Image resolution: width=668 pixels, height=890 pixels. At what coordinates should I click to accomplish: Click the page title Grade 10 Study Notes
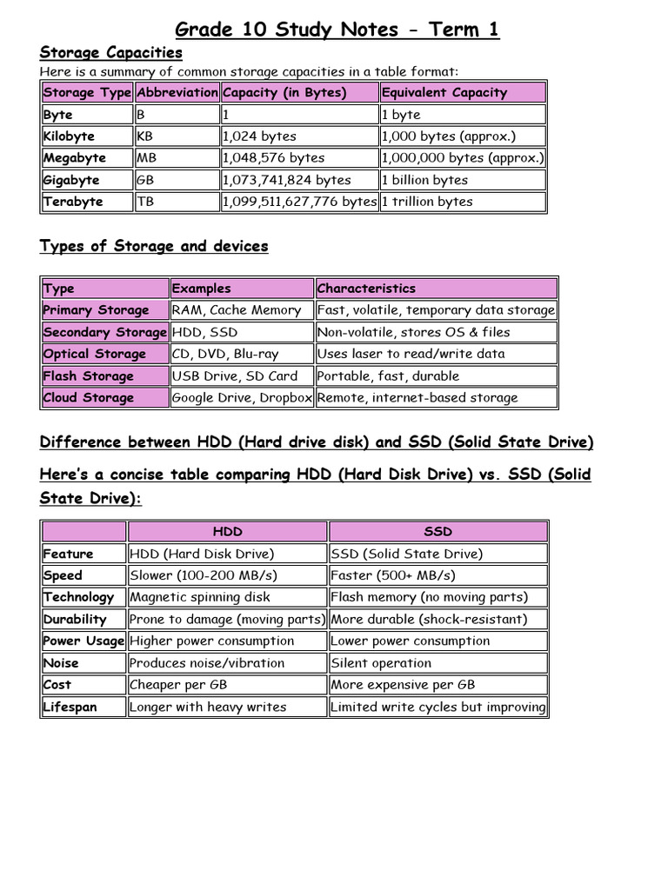pyautogui.click(x=337, y=30)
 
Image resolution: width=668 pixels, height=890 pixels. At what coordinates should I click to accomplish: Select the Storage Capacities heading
pyautogui.click(x=111, y=53)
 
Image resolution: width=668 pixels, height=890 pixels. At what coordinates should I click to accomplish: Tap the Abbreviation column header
pyautogui.click(x=177, y=92)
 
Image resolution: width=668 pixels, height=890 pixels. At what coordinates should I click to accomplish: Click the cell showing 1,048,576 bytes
pyautogui.click(x=273, y=158)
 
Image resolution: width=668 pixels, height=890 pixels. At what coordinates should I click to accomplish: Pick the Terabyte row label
pyautogui.click(x=73, y=202)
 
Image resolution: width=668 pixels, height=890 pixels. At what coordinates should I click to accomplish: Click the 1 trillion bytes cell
pyautogui.click(x=427, y=202)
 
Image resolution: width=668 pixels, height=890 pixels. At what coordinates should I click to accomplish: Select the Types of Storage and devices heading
pyautogui.click(x=154, y=246)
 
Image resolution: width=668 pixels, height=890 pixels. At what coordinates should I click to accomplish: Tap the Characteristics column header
pyautogui.click(x=366, y=289)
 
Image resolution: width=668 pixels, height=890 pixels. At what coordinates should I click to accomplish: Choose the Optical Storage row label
pyautogui.click(x=95, y=354)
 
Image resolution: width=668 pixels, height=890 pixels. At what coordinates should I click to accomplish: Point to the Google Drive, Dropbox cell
pyautogui.click(x=241, y=398)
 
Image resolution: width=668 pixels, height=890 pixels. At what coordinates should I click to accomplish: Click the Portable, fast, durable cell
pyautogui.click(x=388, y=376)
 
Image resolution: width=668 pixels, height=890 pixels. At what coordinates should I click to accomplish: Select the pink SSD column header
pyautogui.click(x=438, y=531)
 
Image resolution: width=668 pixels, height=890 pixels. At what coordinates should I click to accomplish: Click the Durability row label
pyautogui.click(x=75, y=620)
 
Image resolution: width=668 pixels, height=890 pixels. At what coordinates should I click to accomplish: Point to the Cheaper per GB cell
pyautogui.click(x=178, y=685)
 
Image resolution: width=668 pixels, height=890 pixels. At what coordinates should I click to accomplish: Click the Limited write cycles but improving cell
pyautogui.click(x=438, y=707)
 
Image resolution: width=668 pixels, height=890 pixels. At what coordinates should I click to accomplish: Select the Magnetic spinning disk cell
pyautogui.click(x=200, y=597)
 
